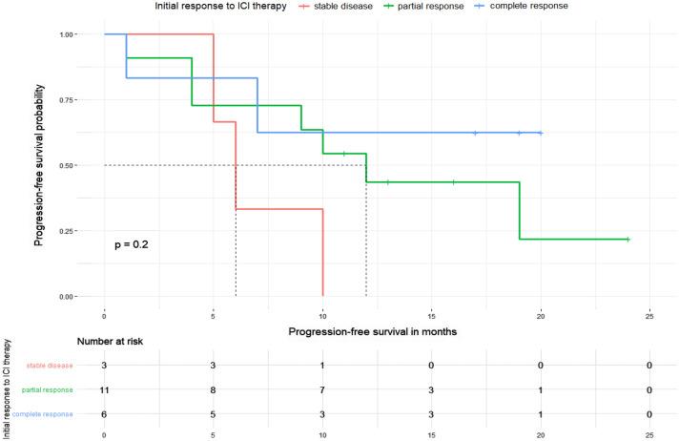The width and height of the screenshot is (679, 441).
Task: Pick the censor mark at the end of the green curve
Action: pyautogui.click(x=628, y=239)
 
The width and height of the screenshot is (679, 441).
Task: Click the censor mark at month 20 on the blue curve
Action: pyautogui.click(x=541, y=133)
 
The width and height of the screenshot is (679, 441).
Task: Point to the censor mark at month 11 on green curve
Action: pyautogui.click(x=344, y=153)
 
